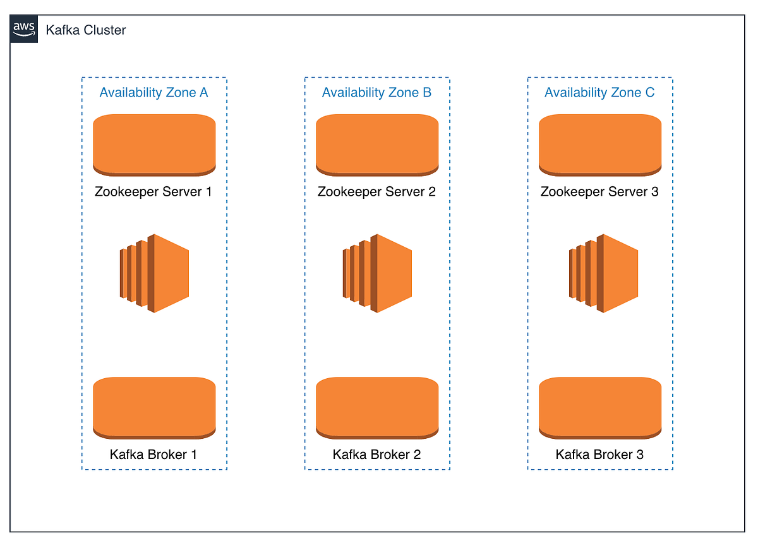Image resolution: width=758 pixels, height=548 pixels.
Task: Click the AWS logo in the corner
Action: [24, 30]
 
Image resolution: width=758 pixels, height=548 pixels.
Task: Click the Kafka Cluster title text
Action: [86, 30]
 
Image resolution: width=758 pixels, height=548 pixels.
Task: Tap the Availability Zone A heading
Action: [153, 92]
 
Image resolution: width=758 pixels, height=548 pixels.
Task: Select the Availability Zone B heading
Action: [376, 92]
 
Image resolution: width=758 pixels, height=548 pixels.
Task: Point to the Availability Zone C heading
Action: [599, 92]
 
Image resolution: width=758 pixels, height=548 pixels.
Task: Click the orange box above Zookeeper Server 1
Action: [154, 145]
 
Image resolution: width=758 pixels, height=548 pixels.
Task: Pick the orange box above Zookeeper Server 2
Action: [377, 145]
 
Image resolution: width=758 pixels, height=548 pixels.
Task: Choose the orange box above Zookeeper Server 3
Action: [600, 145]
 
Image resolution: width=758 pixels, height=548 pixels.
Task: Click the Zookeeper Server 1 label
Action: [153, 191]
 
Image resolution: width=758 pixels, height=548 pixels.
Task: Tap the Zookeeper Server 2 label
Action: [376, 191]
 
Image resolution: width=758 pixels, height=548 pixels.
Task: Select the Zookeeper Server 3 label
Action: [599, 191]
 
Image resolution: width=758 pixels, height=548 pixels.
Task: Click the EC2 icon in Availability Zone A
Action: [154, 273]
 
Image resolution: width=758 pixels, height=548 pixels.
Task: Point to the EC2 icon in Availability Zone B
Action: [377, 273]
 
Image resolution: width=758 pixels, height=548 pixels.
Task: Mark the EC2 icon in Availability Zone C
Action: [603, 273]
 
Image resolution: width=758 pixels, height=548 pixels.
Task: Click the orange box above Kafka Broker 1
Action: [154, 407]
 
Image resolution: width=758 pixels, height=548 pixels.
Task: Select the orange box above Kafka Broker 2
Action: [377, 407]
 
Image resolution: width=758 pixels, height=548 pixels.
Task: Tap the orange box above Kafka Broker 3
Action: [600, 407]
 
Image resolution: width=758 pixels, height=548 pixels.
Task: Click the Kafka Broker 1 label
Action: [153, 454]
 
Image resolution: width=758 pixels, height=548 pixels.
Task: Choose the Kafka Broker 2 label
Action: [376, 454]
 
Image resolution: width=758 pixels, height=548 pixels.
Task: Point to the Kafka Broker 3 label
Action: [599, 454]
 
